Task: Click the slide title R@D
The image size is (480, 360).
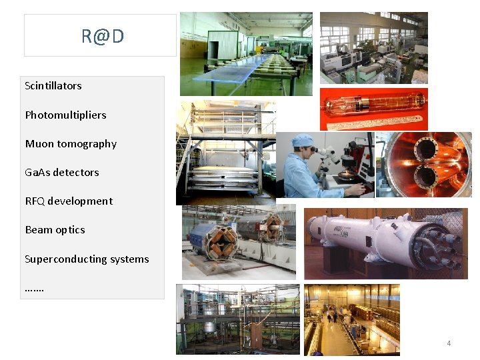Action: pyautogui.click(x=102, y=36)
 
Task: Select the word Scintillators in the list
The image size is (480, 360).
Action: pyautogui.click(x=53, y=86)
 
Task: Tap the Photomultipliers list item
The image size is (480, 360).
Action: pyautogui.click(x=65, y=115)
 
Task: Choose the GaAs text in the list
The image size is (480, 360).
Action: pyautogui.click(x=37, y=173)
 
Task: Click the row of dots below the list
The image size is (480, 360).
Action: pyautogui.click(x=34, y=289)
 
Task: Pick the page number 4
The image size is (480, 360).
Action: pyautogui.click(x=449, y=343)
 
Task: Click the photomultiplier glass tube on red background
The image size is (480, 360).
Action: pyautogui.click(x=373, y=105)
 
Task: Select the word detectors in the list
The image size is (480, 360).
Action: pyautogui.click(x=76, y=173)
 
